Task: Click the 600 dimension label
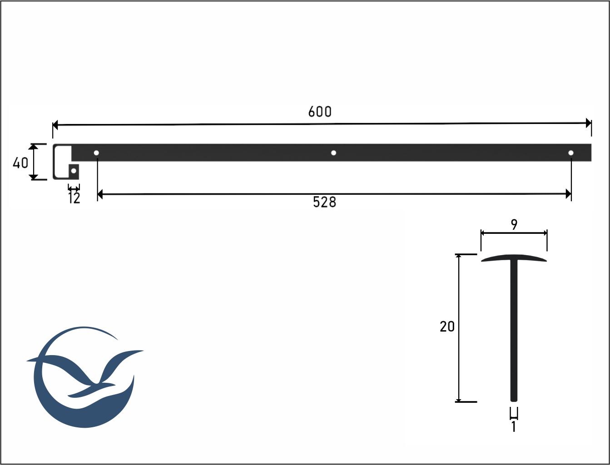point(320,112)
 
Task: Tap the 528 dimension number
point(325,202)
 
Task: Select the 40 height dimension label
point(20,163)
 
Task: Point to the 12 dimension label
point(74,198)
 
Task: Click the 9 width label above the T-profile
point(515,225)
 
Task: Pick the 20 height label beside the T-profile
point(447,326)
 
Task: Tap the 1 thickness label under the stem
point(514,427)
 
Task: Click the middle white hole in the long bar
point(334,153)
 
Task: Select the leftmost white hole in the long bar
point(96,153)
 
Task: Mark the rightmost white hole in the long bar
point(571,153)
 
